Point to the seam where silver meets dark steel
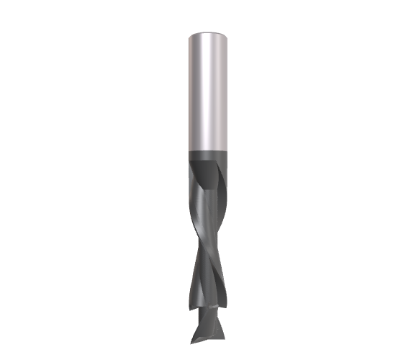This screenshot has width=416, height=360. pos(208,150)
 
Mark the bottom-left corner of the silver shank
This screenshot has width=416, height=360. pos(189,149)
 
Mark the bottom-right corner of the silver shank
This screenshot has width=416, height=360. pos(227,149)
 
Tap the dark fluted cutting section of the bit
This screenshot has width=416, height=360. pos(208,238)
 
